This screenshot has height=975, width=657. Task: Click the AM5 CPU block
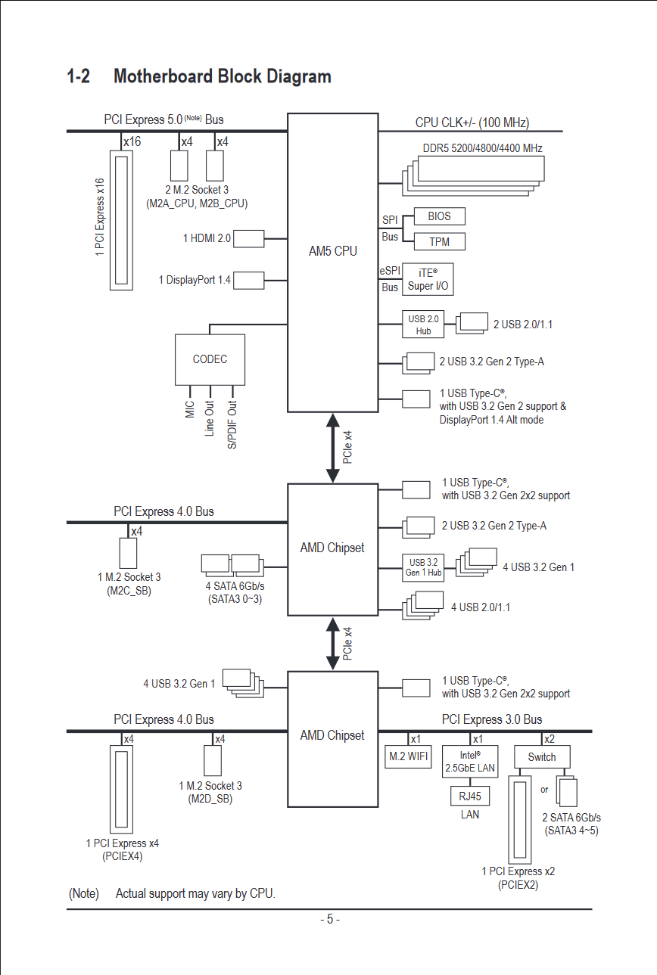[332, 262]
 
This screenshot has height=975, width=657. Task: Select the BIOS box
[439, 216]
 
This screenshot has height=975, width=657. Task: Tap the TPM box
[439, 241]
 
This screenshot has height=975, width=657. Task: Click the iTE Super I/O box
[428, 279]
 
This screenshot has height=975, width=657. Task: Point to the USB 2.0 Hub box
[423, 324]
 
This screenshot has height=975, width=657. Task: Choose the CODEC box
[210, 359]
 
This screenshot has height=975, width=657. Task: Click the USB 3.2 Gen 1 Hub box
[423, 567]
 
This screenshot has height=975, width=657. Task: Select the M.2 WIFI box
[408, 756]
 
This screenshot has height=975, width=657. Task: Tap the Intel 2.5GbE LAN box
[469, 761]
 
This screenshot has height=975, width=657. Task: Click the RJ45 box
[469, 796]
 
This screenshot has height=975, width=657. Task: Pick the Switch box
[542, 757]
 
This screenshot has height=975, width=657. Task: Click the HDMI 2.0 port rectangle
[249, 238]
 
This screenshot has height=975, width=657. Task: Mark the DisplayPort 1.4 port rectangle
[249, 281]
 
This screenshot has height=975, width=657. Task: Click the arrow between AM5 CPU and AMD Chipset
[333, 448]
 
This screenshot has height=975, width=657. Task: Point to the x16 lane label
[132, 141]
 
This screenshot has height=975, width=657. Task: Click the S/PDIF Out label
[232, 425]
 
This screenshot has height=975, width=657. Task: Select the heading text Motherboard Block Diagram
[223, 76]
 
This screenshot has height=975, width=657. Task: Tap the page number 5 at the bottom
[330, 919]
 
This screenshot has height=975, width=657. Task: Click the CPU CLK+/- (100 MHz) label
[472, 123]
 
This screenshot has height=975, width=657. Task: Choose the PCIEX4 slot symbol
[121, 789]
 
